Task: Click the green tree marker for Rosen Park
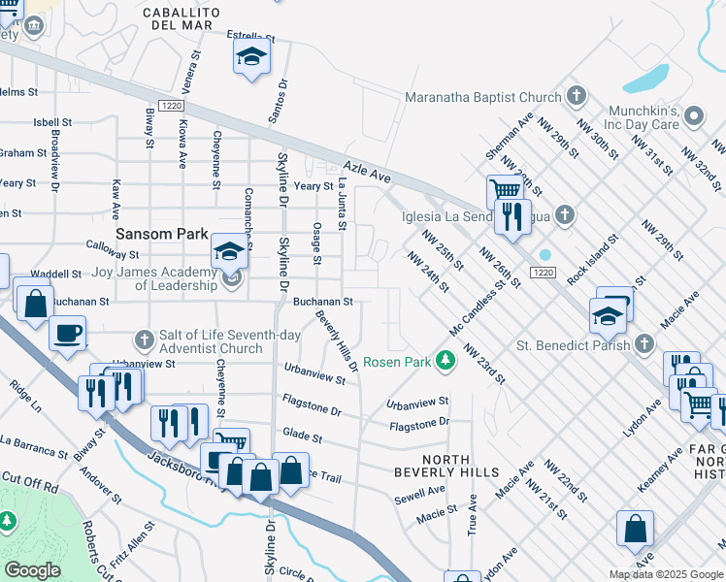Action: [x=445, y=362]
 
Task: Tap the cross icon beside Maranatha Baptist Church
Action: [x=577, y=96]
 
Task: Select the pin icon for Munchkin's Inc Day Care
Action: [x=693, y=117]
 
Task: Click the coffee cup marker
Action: [x=67, y=335]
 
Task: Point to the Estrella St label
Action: [x=251, y=37]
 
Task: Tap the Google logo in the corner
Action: [x=32, y=569]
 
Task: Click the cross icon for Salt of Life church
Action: [x=144, y=339]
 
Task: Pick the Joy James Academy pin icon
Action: [x=231, y=281]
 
